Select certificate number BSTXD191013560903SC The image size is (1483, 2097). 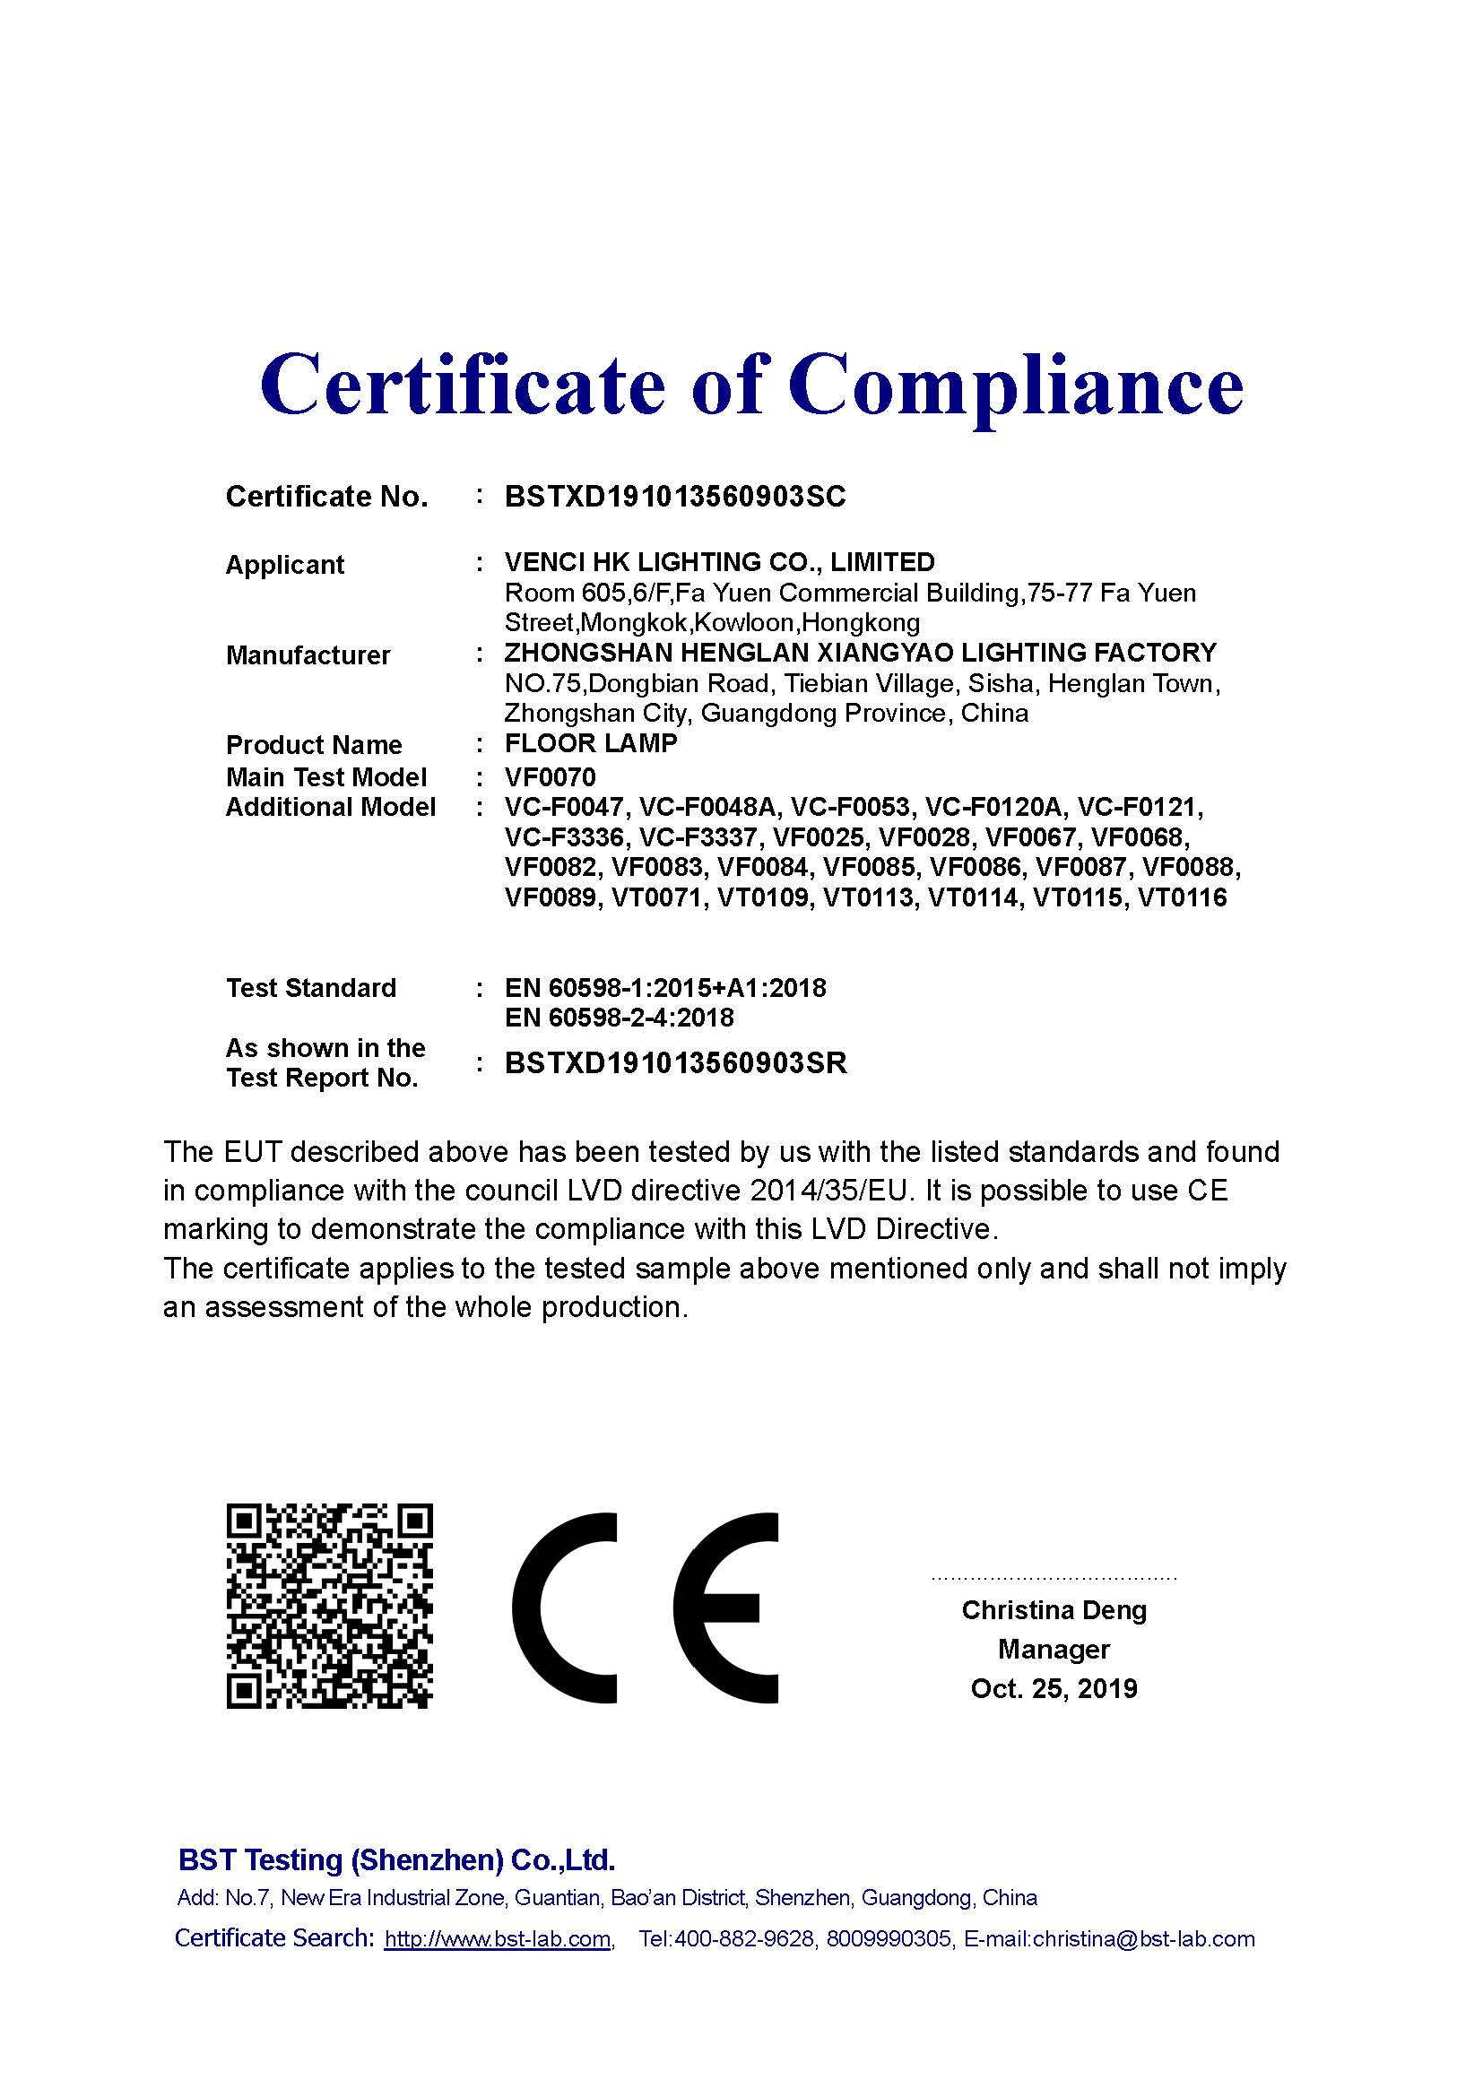(x=675, y=497)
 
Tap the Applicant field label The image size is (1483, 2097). (x=284, y=565)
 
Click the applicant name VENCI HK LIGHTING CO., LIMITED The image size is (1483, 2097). (x=720, y=562)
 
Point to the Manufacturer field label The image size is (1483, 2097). (x=308, y=654)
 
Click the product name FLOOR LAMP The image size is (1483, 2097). (x=591, y=743)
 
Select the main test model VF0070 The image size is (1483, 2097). (x=550, y=777)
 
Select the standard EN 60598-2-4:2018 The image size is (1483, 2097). (x=620, y=1018)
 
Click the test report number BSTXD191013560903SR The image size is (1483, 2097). (x=676, y=1063)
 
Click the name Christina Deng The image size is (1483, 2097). (x=1054, y=1610)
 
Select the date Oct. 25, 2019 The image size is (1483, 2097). (x=1054, y=1689)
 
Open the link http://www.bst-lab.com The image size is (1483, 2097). (x=498, y=1939)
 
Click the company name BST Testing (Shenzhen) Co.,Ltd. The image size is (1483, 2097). (x=396, y=1859)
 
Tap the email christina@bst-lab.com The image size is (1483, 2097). (x=1143, y=1939)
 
